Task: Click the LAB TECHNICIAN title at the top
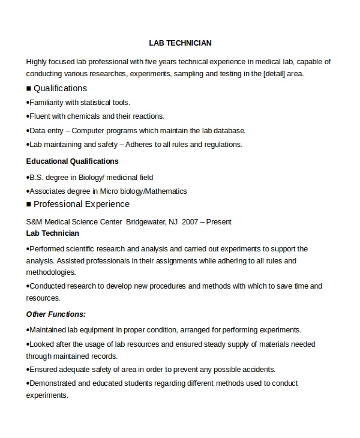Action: click(x=180, y=43)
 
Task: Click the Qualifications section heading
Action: click(x=60, y=88)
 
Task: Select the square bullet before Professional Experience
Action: click(x=29, y=205)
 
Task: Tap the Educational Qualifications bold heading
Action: click(x=73, y=161)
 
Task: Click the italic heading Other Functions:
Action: click(x=56, y=314)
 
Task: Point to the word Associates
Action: click(x=47, y=191)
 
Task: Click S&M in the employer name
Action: click(x=35, y=221)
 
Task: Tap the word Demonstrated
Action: click(x=53, y=383)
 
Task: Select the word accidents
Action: click(x=260, y=370)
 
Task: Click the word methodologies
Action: click(x=51, y=272)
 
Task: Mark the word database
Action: click(x=230, y=130)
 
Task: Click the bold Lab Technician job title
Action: click(x=53, y=233)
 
